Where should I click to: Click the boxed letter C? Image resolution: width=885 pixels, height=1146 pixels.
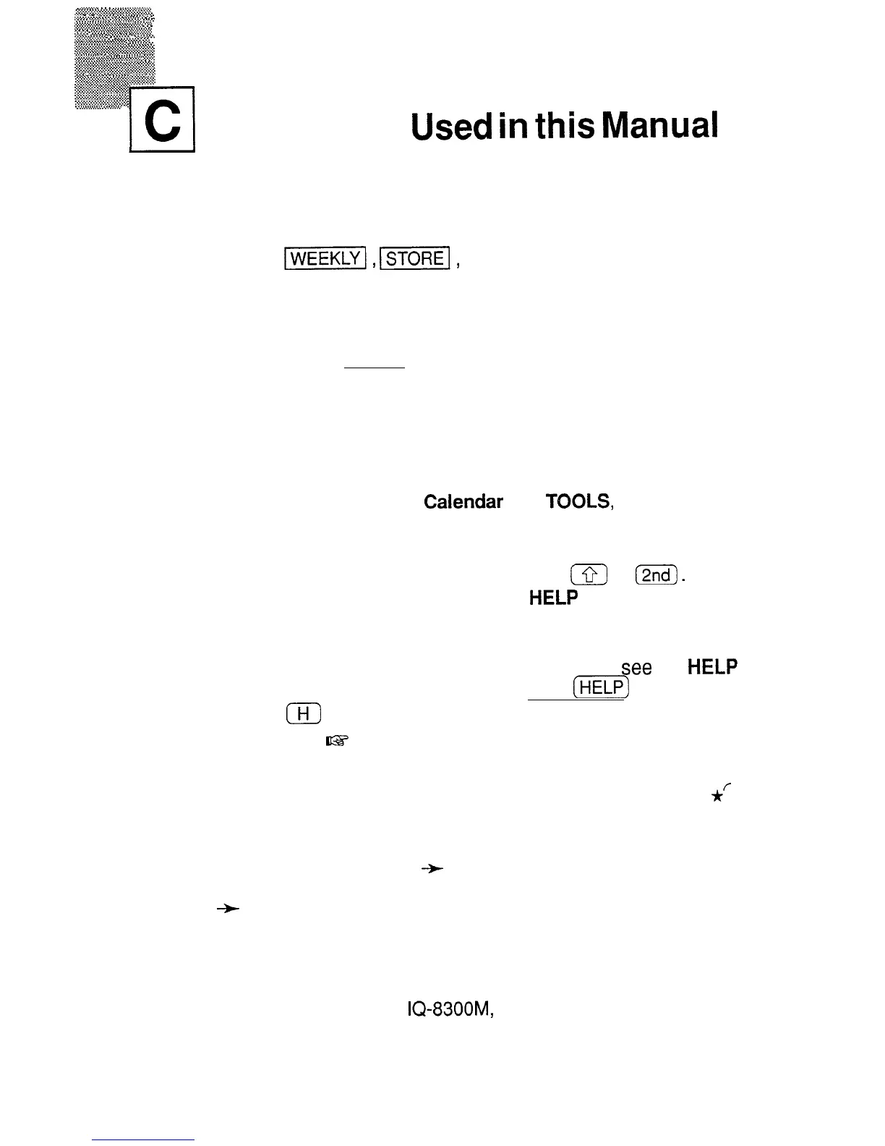click(x=163, y=119)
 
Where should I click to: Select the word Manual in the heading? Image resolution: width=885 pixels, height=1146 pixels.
click(x=661, y=127)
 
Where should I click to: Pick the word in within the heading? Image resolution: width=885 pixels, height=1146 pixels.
click(x=519, y=127)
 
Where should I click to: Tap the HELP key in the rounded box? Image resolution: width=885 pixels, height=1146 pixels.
click(x=602, y=687)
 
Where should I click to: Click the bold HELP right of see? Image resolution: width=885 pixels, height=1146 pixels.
click(x=712, y=668)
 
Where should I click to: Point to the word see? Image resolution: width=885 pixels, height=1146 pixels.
click(x=637, y=668)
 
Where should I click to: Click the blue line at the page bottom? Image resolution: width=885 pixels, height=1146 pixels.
click(x=143, y=1139)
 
